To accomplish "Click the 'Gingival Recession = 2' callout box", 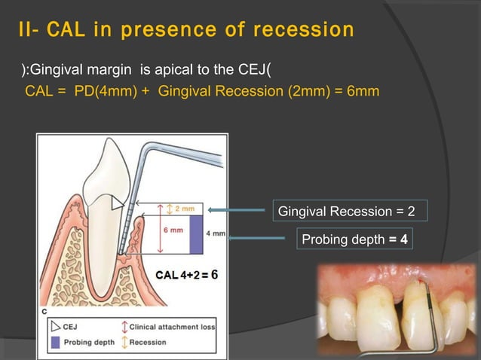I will click(x=347, y=210).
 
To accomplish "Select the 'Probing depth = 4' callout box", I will click(x=354, y=239).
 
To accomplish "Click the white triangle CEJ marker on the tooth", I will click(x=116, y=203).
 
